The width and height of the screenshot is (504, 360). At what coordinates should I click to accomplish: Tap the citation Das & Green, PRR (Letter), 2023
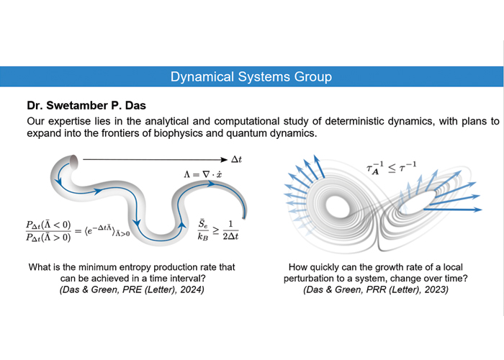tap(382, 290)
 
